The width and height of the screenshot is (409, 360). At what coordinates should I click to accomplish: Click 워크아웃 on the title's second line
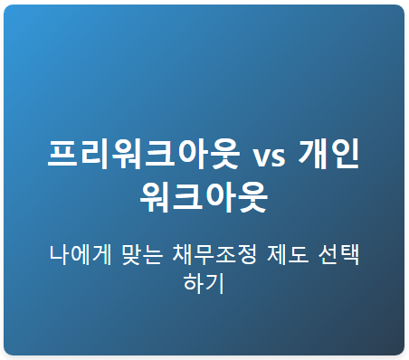click(204, 196)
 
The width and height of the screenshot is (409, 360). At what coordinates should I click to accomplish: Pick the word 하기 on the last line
click(204, 282)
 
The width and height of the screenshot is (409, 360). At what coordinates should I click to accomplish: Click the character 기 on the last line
click(215, 282)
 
